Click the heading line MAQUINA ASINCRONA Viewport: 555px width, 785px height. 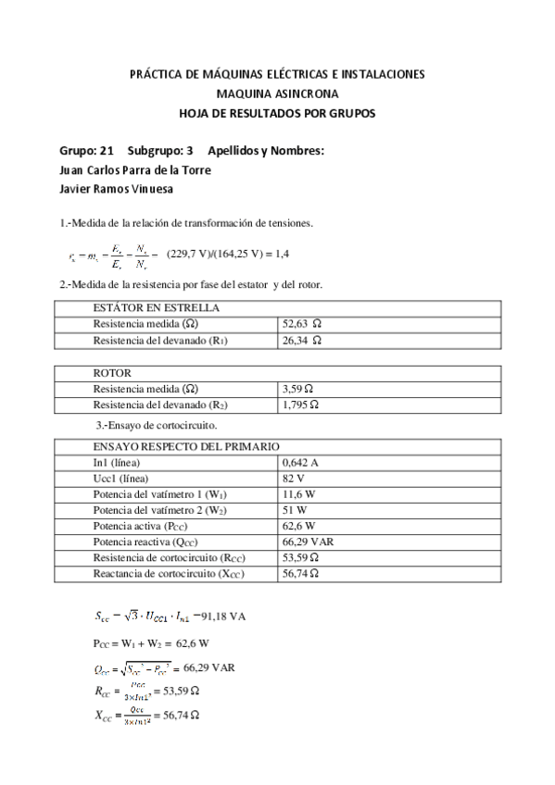277,93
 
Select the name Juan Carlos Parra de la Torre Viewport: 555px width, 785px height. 134,169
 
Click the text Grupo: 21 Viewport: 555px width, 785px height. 86,151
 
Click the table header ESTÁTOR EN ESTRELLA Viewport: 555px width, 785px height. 157,308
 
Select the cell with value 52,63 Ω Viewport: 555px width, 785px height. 300,324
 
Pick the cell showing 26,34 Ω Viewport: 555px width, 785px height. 300,341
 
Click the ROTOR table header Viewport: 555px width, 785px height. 112,373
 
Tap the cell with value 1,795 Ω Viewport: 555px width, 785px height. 301,405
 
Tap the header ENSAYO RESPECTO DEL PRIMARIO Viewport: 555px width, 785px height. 186,445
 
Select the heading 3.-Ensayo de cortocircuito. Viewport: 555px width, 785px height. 158,425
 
